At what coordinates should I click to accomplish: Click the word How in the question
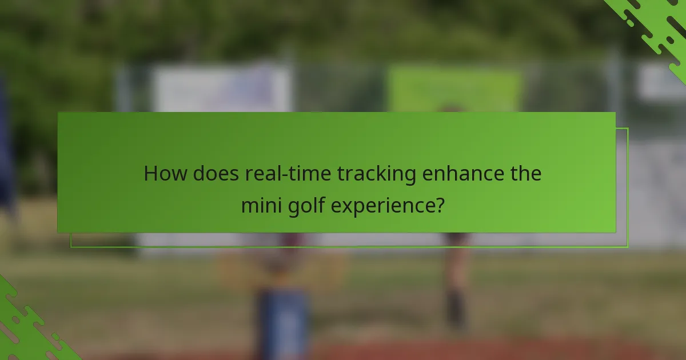pos(165,173)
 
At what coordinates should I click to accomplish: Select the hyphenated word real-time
pos(288,173)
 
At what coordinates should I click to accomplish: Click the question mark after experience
pos(440,204)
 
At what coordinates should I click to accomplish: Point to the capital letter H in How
pos(150,173)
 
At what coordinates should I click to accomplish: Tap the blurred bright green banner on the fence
pos(454,88)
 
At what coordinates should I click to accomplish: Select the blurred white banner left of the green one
pos(223,89)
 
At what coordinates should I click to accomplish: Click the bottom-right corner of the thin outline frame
pos(628,247)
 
